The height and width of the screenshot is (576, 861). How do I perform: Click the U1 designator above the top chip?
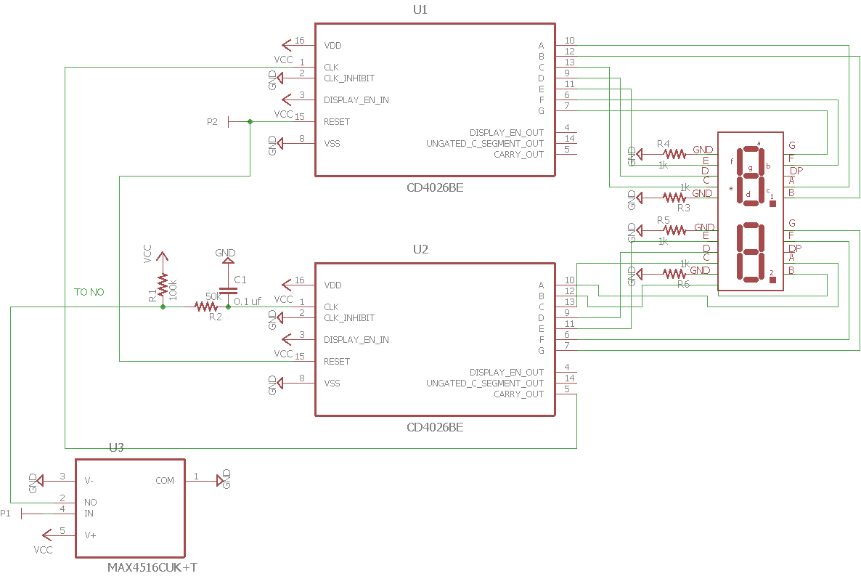point(420,10)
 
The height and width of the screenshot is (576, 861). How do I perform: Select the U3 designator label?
point(116,447)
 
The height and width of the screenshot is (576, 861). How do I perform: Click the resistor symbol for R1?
point(163,285)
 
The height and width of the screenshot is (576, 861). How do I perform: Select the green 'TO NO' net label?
point(89,292)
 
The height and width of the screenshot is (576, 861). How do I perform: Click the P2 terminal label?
point(212,122)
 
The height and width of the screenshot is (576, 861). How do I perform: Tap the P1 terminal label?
point(6,514)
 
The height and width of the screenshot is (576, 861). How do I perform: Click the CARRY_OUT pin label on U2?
point(518,394)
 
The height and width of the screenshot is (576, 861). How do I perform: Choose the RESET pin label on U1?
point(337,122)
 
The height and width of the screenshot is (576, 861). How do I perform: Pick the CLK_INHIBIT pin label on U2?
point(349,318)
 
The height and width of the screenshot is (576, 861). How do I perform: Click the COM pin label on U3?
point(165,481)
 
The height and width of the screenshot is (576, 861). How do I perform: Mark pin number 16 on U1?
point(300,41)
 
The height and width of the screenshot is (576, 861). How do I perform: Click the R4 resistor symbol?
point(674,154)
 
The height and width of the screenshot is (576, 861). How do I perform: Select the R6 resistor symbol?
point(674,274)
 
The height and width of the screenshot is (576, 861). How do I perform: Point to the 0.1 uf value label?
point(248,301)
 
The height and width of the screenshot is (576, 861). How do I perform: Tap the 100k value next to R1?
point(173,288)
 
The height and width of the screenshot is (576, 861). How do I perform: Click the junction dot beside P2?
point(250,122)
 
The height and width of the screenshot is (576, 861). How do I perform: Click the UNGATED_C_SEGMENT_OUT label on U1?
point(485,144)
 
